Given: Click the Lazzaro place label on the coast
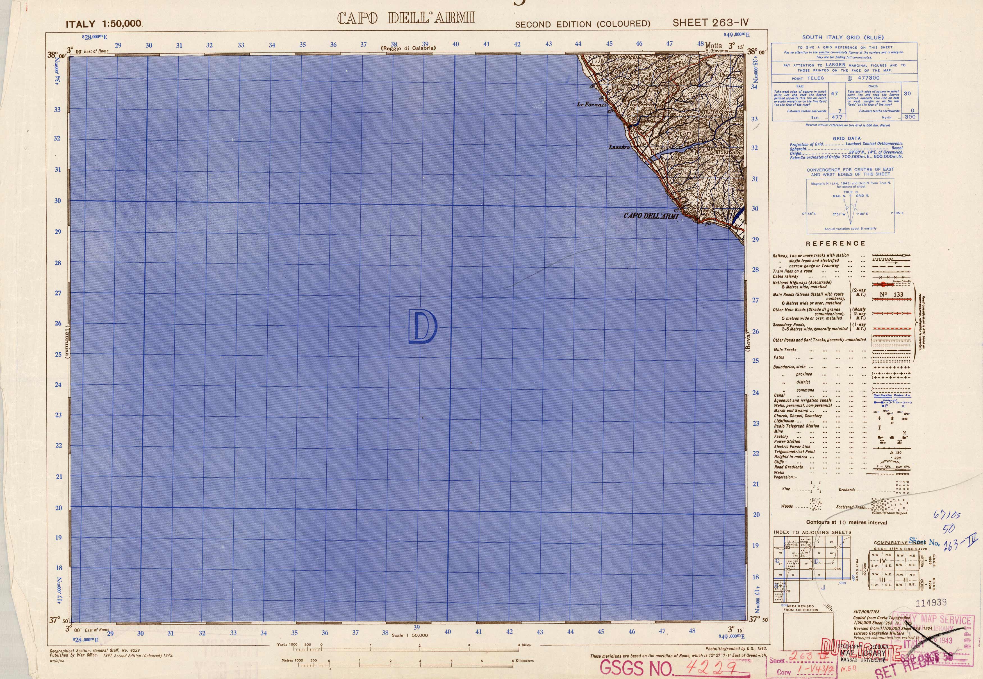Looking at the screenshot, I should coord(619,147).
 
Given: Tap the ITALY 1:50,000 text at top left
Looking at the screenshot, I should coord(104,24).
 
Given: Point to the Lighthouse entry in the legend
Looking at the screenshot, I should coord(784,421).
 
